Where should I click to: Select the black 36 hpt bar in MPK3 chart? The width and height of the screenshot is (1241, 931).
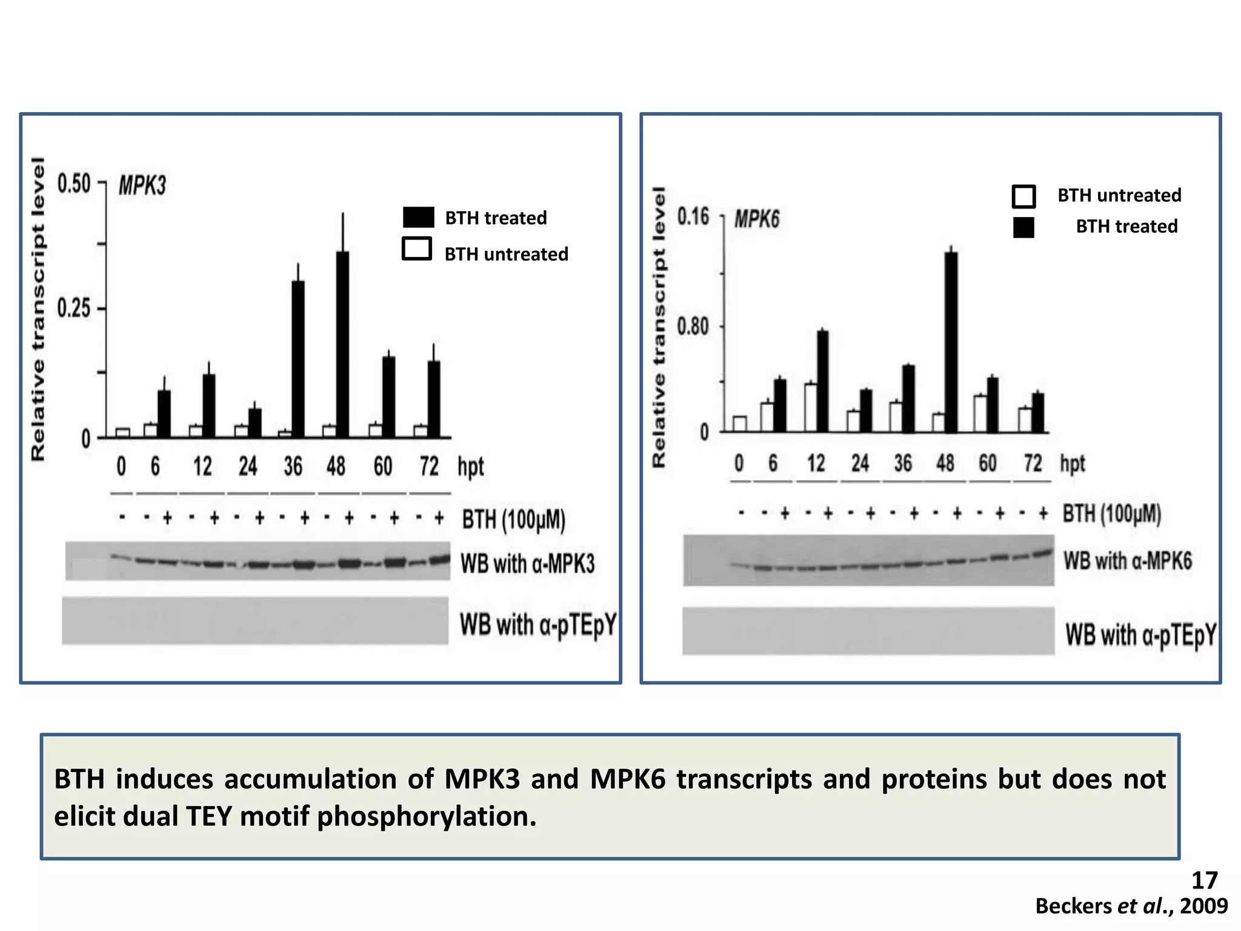298,359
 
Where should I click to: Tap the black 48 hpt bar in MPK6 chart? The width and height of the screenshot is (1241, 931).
951,342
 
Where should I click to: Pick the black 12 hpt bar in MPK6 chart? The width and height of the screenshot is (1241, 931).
822,381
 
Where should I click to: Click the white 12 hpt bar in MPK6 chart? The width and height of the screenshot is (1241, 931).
810,407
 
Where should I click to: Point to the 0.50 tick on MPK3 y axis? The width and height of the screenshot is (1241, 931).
74,183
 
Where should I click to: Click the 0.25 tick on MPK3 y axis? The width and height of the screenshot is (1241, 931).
74,309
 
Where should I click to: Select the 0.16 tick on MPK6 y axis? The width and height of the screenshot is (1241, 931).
693,216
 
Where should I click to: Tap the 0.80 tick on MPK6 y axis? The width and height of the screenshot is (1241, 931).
693,327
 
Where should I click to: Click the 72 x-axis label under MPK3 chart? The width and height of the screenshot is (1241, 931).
429,466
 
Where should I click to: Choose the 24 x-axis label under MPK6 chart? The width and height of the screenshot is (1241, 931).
860,463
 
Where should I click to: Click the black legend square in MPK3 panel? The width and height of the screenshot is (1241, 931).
418,217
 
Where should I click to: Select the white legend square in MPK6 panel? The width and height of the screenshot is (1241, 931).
1023,196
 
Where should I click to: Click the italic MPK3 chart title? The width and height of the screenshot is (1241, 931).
142,185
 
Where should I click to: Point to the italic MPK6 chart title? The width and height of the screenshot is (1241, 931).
757,219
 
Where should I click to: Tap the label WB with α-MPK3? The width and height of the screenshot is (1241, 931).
527,564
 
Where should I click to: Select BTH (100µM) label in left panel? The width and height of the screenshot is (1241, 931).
513,519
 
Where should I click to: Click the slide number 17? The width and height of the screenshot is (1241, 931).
1204,880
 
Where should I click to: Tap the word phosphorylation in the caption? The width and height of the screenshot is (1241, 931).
427,816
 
